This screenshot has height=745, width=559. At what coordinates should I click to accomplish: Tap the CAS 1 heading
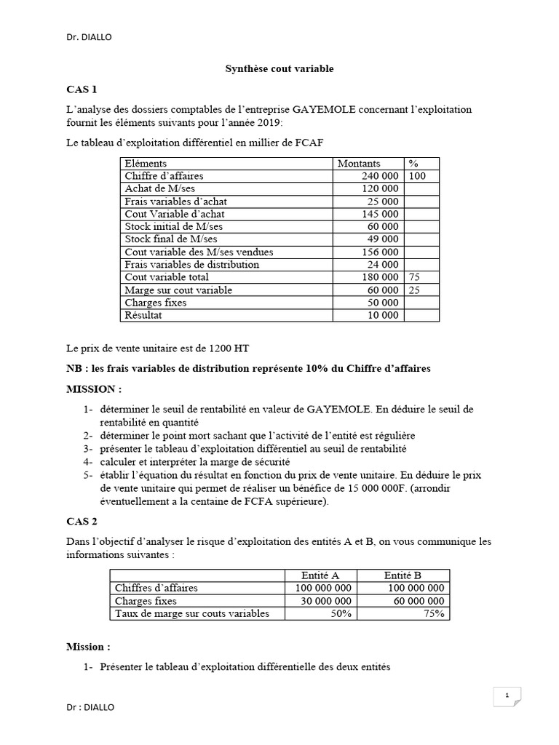[81, 89]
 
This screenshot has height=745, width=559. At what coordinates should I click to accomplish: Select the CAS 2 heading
[81, 521]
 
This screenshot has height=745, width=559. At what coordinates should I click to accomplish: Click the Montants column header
[359, 164]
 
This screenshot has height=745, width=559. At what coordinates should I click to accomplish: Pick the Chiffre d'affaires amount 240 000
[379, 176]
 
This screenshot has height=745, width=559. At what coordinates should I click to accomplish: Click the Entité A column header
[320, 575]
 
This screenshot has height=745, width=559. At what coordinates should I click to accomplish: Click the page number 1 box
[507, 696]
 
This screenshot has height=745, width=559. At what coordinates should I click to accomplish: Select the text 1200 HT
[229, 347]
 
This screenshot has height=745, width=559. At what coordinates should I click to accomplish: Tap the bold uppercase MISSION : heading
[94, 389]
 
